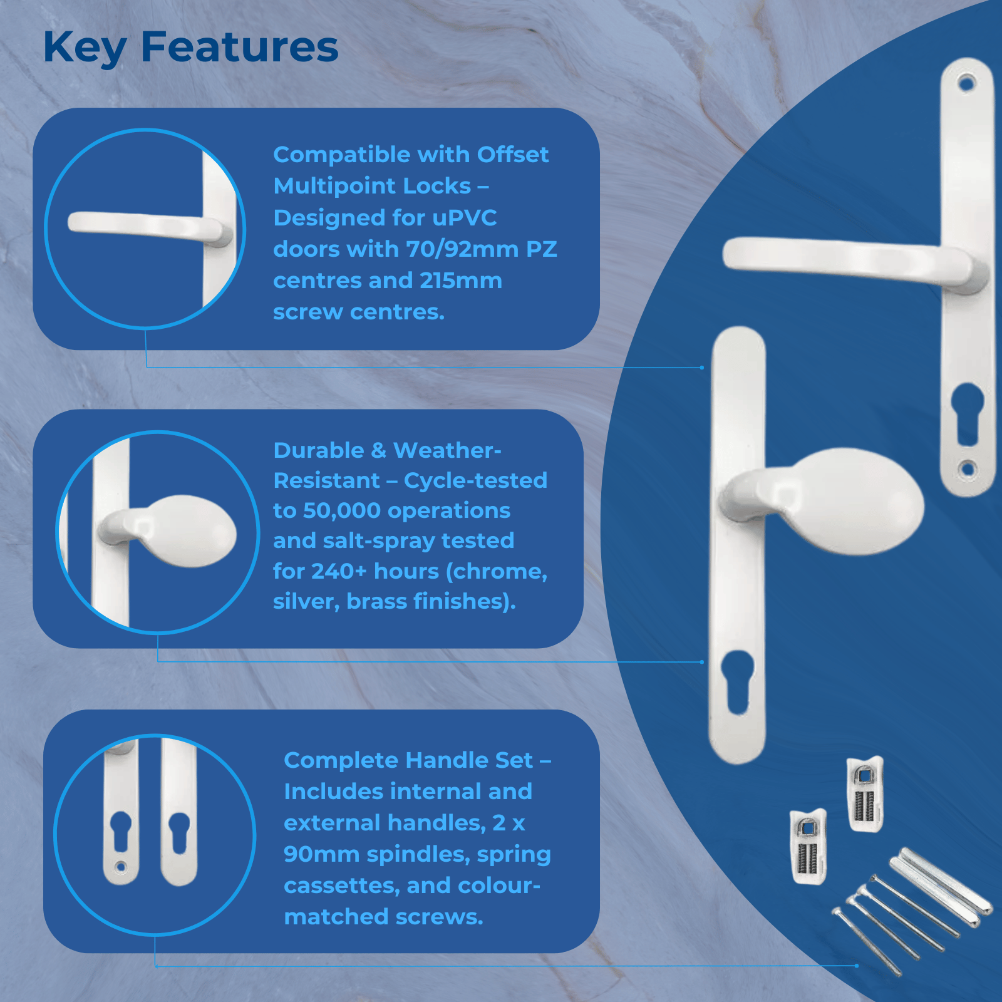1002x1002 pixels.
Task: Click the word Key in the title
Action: click(85, 48)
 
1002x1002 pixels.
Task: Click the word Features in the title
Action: click(240, 47)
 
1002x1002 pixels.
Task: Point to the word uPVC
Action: click(465, 218)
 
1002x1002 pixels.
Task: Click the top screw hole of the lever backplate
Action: click(967, 83)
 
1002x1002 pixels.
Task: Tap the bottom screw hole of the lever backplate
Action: click(968, 468)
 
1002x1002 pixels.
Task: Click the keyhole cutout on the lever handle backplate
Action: click(968, 413)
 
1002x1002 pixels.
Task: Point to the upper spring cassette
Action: click(865, 793)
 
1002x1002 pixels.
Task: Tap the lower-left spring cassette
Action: click(808, 846)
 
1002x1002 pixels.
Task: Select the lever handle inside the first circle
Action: click(150, 228)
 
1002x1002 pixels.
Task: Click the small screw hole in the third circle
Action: click(120, 867)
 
